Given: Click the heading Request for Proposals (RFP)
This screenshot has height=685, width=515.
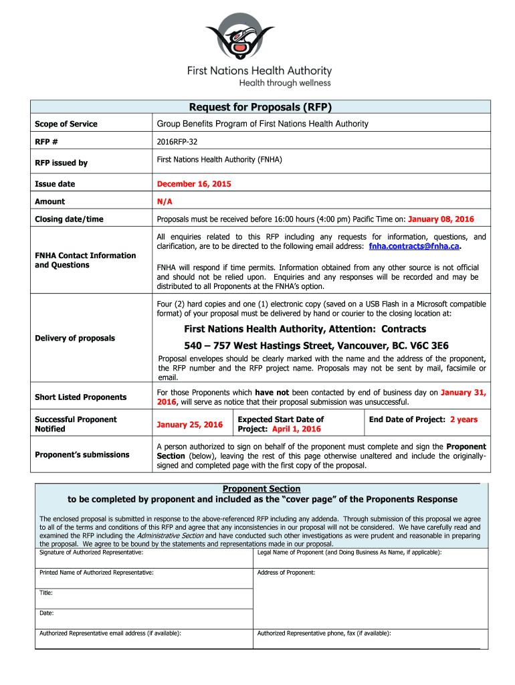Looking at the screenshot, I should click(260, 107).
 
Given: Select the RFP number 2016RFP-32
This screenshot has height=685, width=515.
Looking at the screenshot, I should click(177, 142).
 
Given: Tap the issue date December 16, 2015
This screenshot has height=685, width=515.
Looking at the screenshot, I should click(194, 184).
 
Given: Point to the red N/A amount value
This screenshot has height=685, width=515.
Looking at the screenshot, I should click(165, 201).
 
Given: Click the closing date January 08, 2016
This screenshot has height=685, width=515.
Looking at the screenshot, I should click(441, 219).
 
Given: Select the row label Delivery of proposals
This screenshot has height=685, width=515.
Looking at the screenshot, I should click(75, 338).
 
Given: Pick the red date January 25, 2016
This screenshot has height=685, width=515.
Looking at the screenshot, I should click(189, 425).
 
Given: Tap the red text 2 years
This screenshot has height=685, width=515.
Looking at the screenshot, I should click(463, 419).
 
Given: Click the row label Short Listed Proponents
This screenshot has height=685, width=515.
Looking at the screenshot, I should click(80, 397).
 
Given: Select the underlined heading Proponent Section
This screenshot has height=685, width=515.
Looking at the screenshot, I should click(262, 489).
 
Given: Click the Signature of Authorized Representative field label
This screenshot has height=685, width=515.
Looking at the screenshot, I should click(91, 552).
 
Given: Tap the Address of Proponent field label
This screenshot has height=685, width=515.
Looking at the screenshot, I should click(286, 573).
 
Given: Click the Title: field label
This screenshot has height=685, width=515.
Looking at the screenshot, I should click(46, 593).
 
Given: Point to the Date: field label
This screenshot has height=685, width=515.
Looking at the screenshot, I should click(47, 613).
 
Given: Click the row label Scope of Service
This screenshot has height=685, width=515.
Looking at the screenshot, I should click(66, 124).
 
